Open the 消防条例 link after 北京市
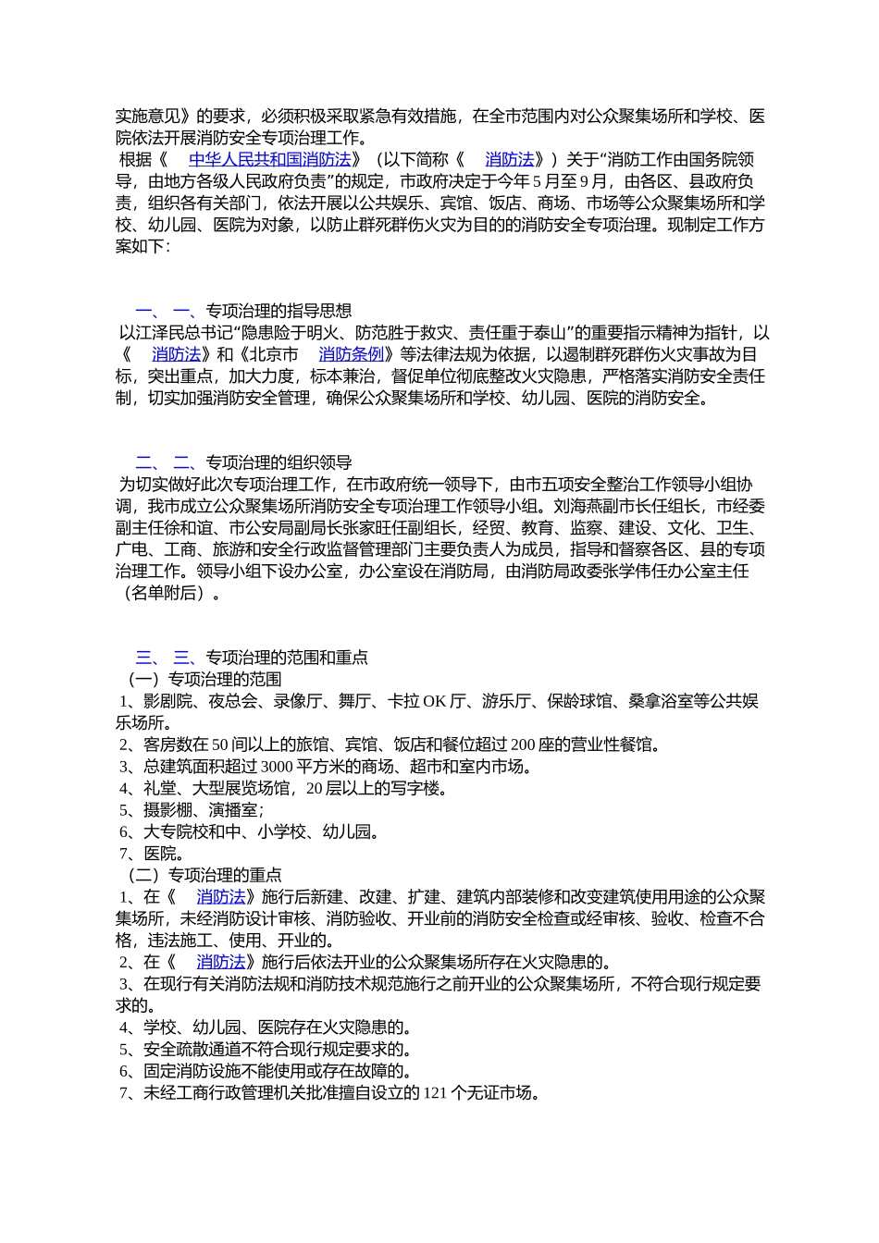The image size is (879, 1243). [x=351, y=355]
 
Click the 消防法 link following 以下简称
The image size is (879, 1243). [x=510, y=160]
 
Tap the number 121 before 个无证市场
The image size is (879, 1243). [x=435, y=1093]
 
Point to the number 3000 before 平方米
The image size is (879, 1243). [x=278, y=767]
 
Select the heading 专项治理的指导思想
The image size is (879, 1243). [x=278, y=311]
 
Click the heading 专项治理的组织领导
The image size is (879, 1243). [x=278, y=462]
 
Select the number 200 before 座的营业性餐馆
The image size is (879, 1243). [x=524, y=745]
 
